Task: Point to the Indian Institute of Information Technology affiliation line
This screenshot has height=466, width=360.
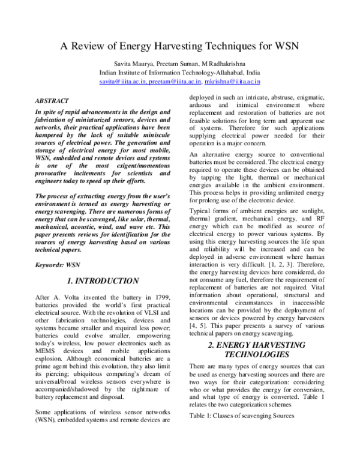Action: click(x=179, y=73)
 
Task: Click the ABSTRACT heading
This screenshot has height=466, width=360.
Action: click(x=52, y=101)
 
